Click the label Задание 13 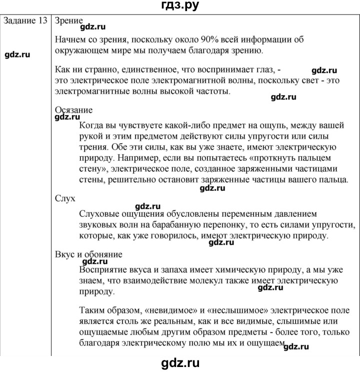[25, 22]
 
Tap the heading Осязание [73, 111]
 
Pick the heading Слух [65, 199]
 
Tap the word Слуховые [99, 213]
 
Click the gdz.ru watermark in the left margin [23, 55]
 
